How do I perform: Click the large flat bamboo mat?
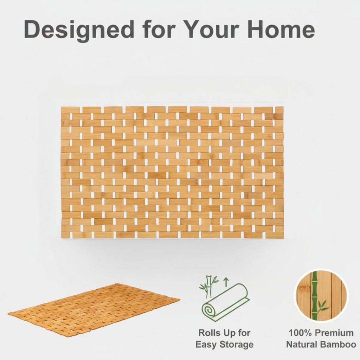tap(172, 172)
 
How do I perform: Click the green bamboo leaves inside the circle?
tap(322, 306)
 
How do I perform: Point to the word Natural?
tap(302, 345)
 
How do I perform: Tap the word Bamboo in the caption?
tap(339, 345)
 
